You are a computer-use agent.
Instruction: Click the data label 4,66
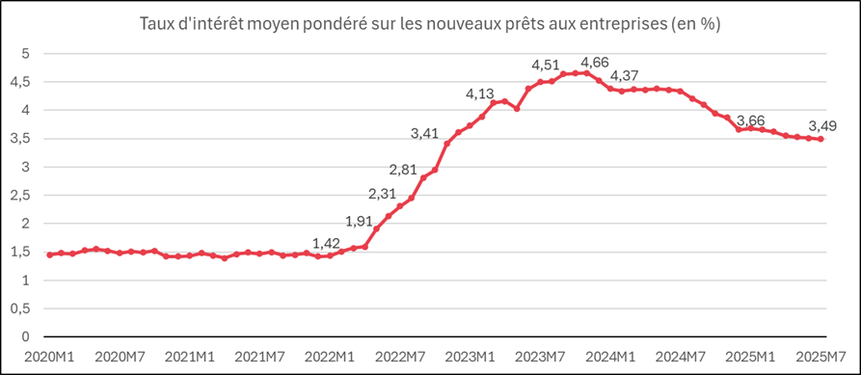point(595,62)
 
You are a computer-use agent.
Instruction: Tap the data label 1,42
point(326,243)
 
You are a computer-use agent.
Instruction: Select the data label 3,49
point(822,127)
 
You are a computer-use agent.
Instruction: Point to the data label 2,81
point(404,170)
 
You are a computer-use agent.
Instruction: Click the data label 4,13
point(480,94)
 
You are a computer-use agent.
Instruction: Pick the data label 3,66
point(750,121)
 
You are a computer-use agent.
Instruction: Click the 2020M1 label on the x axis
point(50,357)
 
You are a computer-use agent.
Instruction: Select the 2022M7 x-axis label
point(399,357)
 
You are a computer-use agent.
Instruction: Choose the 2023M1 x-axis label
point(470,357)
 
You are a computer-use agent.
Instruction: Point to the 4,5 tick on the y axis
point(26,82)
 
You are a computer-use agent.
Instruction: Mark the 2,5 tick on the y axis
point(26,195)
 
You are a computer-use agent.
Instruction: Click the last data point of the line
point(821,139)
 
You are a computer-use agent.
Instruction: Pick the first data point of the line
point(49,254)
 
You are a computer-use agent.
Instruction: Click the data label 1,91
point(359,222)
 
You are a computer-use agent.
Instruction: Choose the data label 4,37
point(626,75)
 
